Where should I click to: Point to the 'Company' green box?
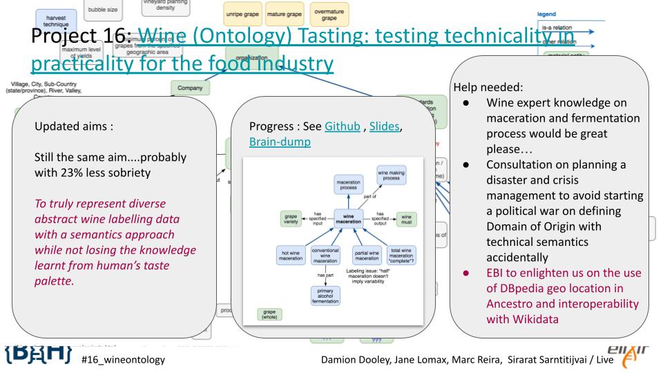[x=190, y=88]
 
